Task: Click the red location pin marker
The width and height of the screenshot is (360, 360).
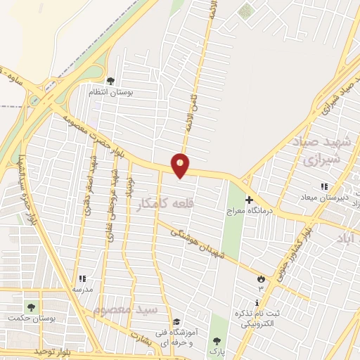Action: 181,165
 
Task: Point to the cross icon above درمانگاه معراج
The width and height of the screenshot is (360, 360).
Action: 249,200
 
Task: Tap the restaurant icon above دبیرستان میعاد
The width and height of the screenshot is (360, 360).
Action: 324,186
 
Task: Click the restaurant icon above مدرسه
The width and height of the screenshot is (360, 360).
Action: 82,279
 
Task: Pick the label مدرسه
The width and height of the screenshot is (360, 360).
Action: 82,289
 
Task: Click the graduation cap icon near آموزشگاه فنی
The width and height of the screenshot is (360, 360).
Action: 176,321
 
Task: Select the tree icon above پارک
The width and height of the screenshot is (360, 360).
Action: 217,340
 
